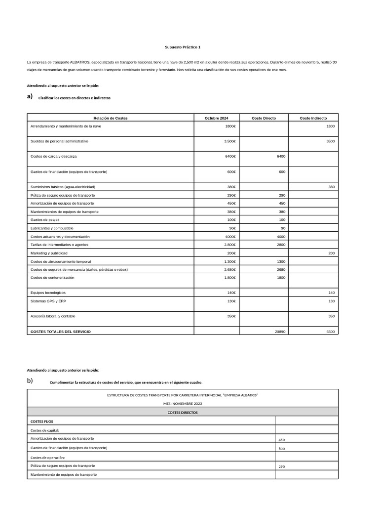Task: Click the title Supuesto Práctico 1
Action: (183, 47)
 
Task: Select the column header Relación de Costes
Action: (111, 118)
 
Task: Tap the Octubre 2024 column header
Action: (217, 118)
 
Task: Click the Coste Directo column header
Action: (264, 118)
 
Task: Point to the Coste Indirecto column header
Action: (313, 118)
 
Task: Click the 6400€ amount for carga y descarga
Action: (230, 156)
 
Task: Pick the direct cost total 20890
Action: (280, 332)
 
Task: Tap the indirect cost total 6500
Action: (330, 332)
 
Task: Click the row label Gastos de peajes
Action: (44, 219)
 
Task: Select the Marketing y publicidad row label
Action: (49, 253)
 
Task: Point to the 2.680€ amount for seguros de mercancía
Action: (229, 269)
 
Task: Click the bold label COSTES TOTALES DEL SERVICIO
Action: (60, 332)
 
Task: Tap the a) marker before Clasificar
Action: (30, 96)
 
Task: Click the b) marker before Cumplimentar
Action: (30, 380)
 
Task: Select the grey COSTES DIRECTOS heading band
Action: (183, 412)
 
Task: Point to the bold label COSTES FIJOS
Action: (42, 422)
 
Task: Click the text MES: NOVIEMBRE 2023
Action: (183, 404)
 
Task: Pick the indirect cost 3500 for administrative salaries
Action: (330, 141)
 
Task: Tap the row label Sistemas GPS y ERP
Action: (48, 301)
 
